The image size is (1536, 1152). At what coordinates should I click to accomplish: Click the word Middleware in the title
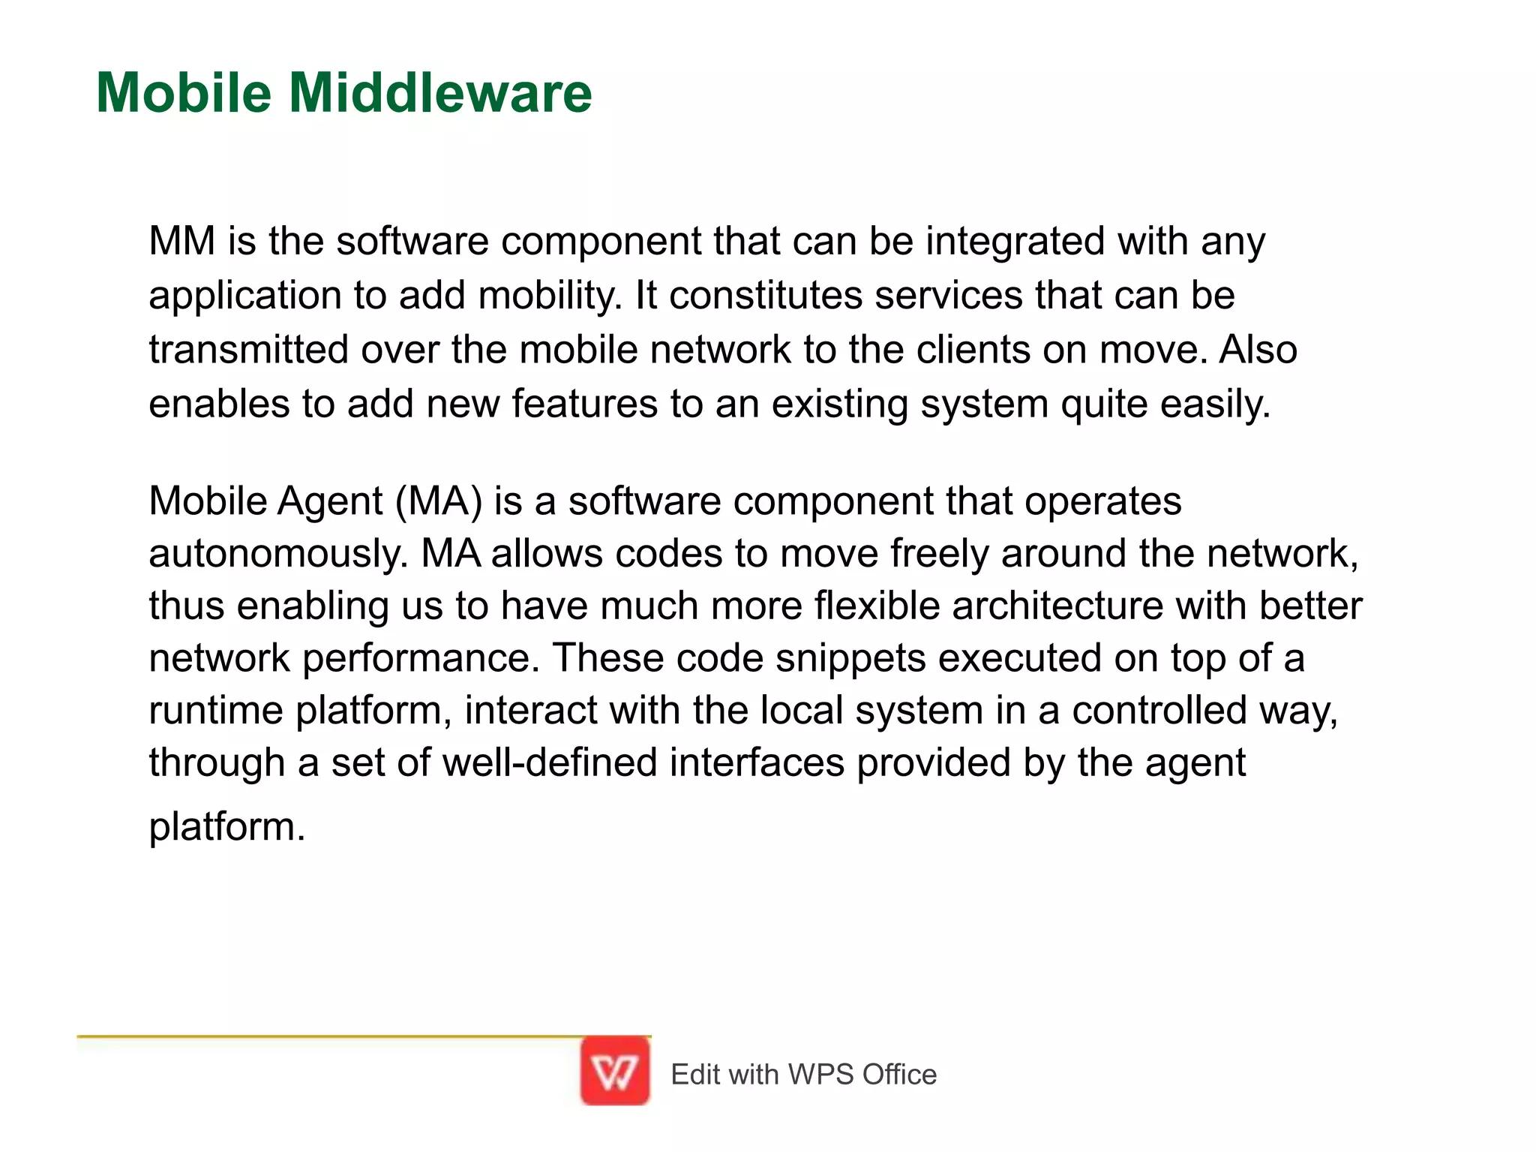440,93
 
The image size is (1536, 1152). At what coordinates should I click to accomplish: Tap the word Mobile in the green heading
184,93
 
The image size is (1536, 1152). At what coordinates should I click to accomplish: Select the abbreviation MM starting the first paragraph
182,242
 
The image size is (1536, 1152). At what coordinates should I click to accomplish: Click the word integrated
1015,242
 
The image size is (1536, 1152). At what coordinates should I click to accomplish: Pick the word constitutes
766,296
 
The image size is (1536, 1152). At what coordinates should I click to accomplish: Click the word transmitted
249,350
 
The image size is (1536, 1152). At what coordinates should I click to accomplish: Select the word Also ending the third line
1258,350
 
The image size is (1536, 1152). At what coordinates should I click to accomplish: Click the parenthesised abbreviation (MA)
439,501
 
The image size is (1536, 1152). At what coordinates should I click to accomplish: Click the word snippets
850,658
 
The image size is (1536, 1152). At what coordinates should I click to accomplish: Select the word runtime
216,710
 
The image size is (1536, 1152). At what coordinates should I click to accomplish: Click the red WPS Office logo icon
615,1071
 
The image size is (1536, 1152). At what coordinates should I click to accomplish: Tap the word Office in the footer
899,1075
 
